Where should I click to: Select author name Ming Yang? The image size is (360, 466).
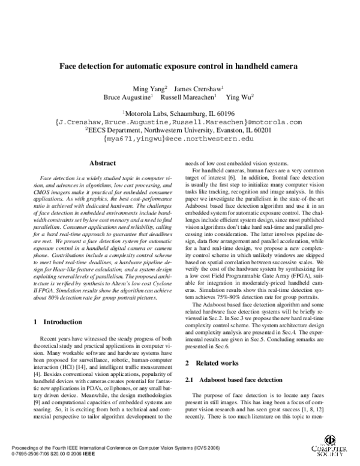(x=152, y=88)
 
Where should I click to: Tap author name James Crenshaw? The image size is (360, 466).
(x=203, y=88)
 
